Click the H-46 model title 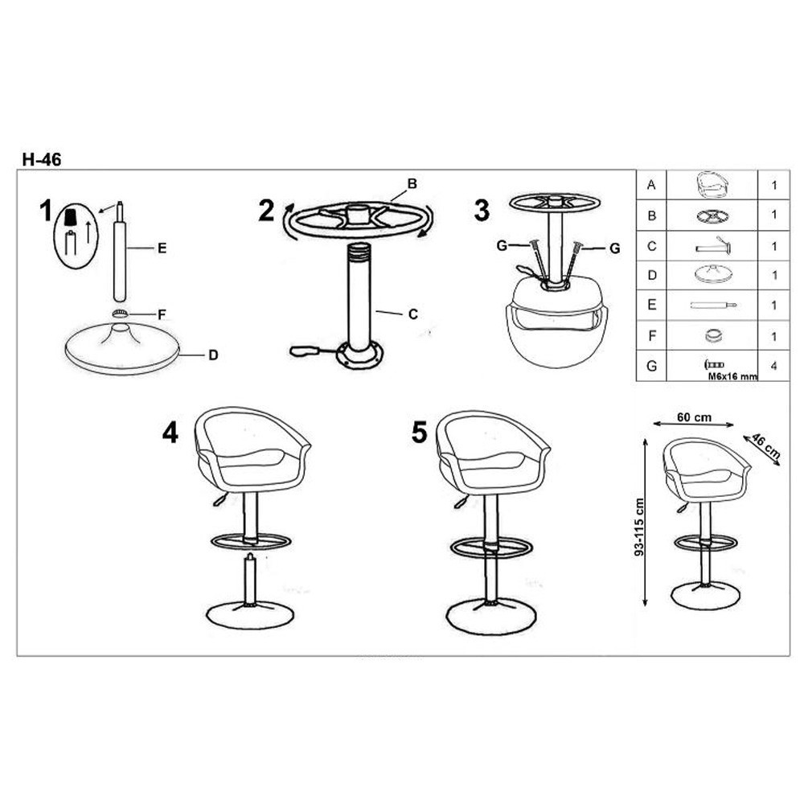click(42, 159)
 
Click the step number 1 click(46, 211)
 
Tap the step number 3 click(482, 210)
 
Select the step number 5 click(419, 433)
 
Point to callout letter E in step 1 click(162, 248)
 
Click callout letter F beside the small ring click(162, 314)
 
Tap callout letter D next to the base click(213, 355)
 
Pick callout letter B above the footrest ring click(412, 183)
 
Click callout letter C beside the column click(413, 314)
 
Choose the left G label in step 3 click(502, 246)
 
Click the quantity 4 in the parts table click(773, 366)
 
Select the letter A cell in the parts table click(651, 185)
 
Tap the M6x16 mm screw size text click(732, 376)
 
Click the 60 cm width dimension click(695, 417)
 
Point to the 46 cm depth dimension click(766, 445)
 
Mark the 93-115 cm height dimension click(639, 527)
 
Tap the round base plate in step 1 click(122, 349)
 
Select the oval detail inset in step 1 click(76, 236)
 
